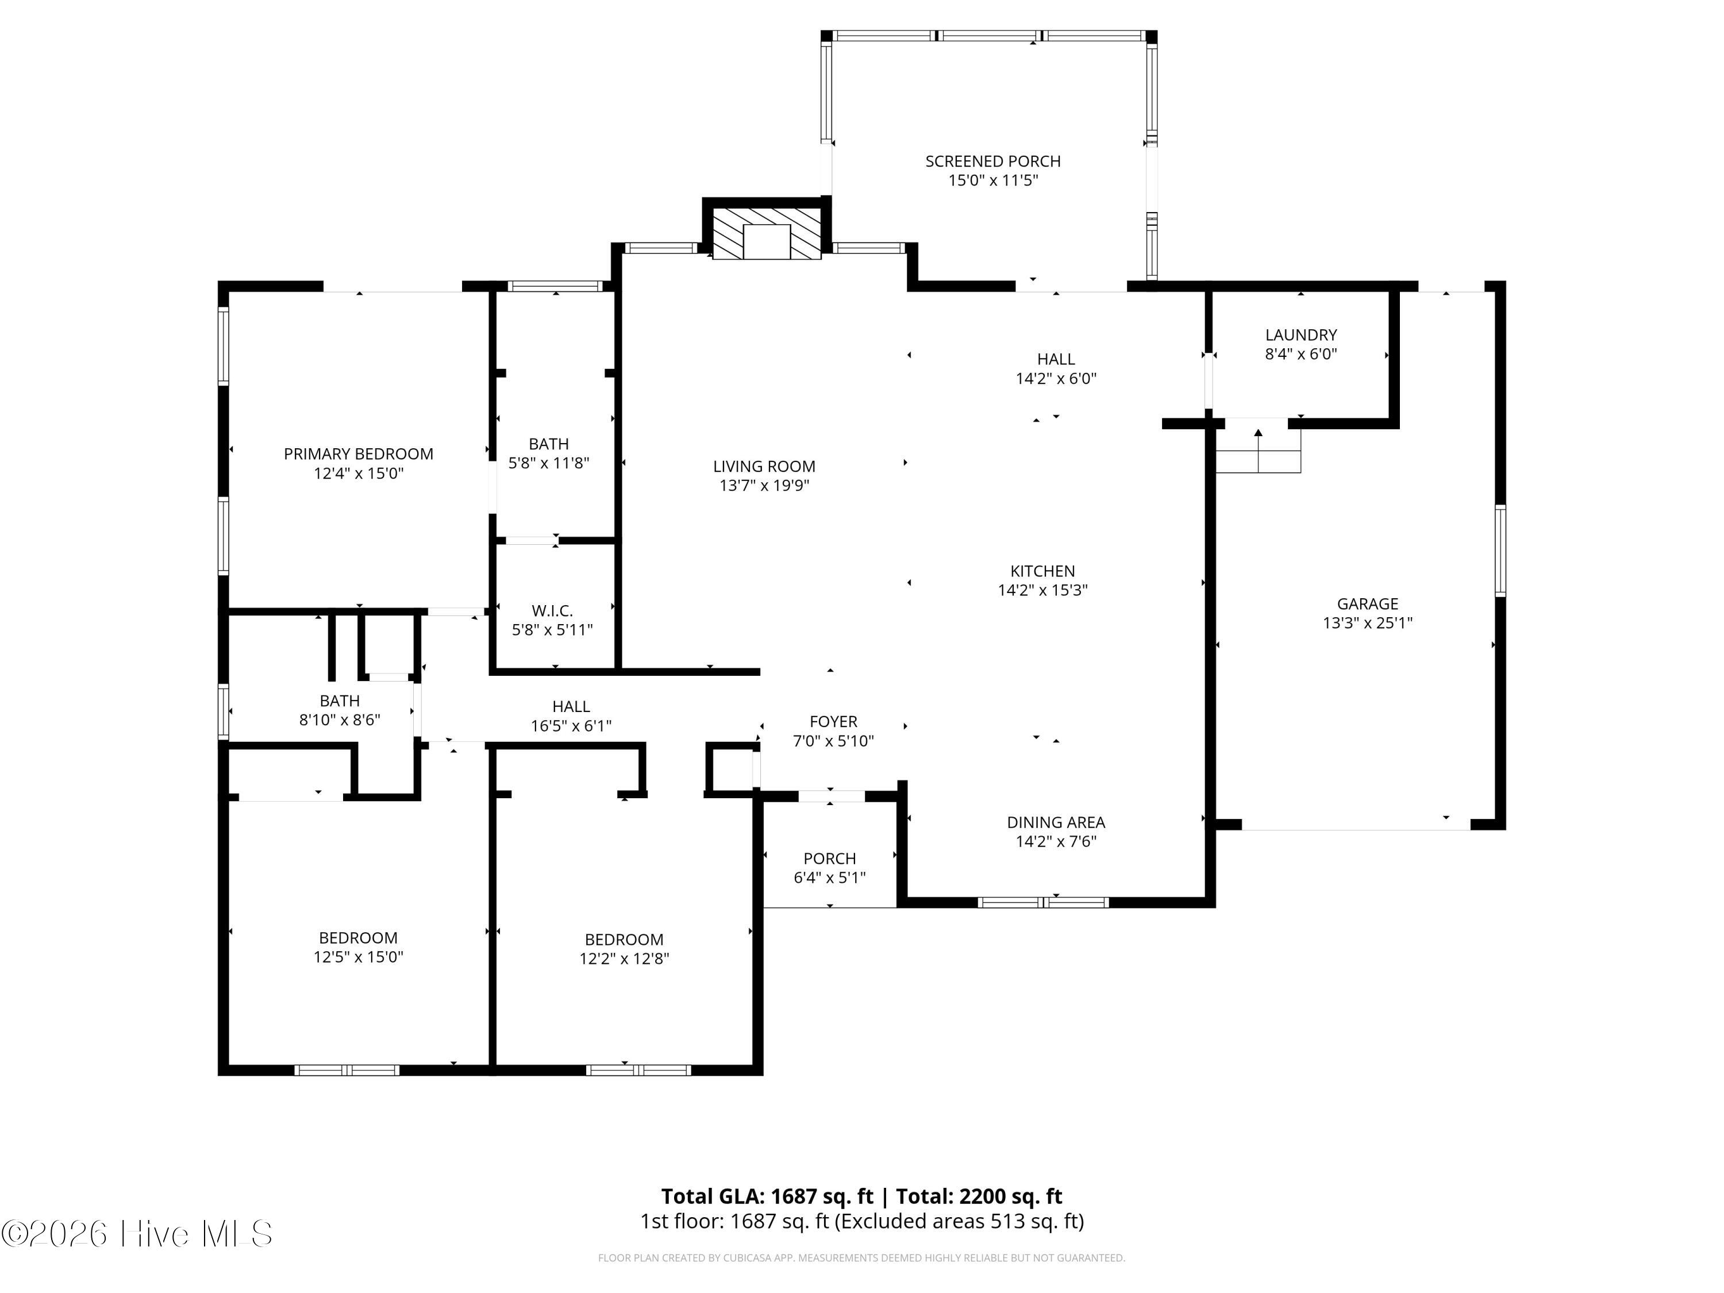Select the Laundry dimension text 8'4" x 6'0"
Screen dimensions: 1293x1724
1301,354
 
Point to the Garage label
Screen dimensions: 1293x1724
1367,603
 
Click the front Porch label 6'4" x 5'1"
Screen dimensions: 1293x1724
829,867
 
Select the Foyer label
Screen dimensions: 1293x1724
833,722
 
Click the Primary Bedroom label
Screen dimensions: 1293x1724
359,453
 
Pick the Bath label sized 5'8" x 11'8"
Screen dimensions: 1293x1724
549,453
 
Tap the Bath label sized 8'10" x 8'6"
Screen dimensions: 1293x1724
340,710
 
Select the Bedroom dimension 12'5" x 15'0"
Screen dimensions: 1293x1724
359,957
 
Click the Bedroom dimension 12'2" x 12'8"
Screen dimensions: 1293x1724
624,959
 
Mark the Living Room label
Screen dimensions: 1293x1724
764,466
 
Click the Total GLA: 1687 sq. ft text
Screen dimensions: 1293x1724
767,1196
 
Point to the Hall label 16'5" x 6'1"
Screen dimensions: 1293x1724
571,715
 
